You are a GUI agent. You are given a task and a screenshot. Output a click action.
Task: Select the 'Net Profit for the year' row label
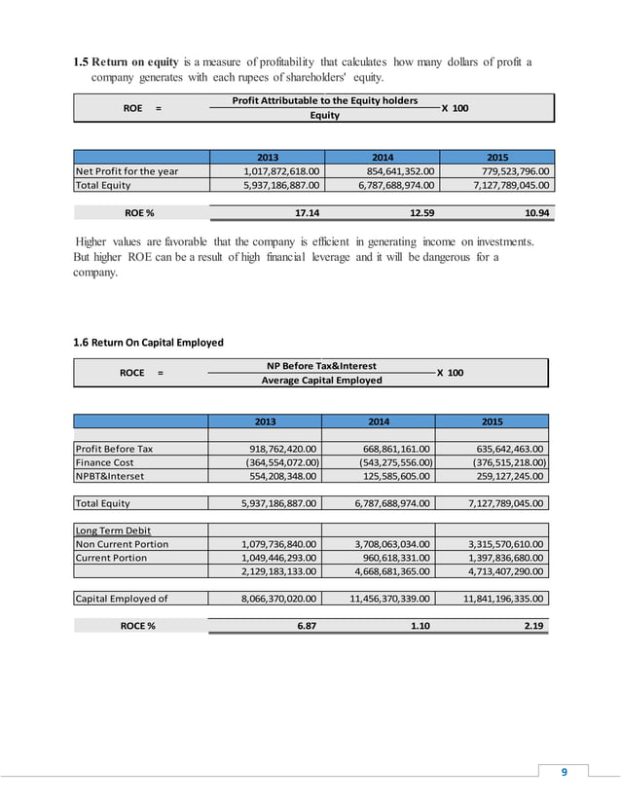pyautogui.click(x=128, y=171)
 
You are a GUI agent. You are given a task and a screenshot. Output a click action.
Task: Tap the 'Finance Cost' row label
pyautogui.click(x=106, y=462)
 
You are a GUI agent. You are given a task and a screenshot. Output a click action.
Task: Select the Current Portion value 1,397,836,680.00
pyautogui.click(x=497, y=558)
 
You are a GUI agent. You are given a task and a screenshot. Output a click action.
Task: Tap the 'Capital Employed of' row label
pyautogui.click(x=122, y=599)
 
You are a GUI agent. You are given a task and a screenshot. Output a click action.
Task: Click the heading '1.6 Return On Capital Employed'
pyautogui.click(x=149, y=343)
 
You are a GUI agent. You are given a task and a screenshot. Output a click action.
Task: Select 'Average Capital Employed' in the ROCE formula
pyautogui.click(x=321, y=380)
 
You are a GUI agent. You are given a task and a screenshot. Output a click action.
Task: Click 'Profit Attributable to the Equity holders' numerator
pyautogui.click(x=325, y=101)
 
